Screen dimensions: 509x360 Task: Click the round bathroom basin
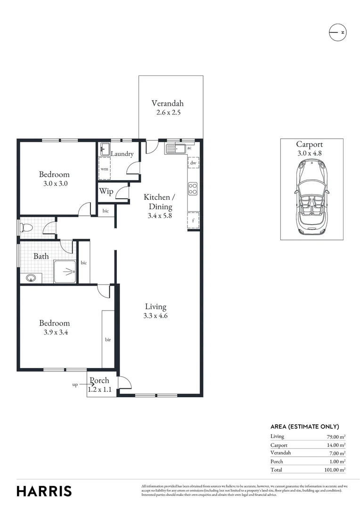coord(32,278)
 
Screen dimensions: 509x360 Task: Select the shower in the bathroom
coord(65,271)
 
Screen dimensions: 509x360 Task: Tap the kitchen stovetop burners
coord(193,189)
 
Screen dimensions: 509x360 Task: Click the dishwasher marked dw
coord(193,163)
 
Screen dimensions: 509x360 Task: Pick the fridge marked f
coord(193,220)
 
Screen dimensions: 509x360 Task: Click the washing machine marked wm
coord(104,168)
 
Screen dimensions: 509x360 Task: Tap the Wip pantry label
coord(106,192)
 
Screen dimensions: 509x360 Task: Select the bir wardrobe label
coord(108,339)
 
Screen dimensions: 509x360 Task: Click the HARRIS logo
coord(44,491)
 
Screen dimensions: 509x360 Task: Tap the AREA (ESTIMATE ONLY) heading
coord(304,426)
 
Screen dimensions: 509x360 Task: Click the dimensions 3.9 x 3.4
coord(54,332)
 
